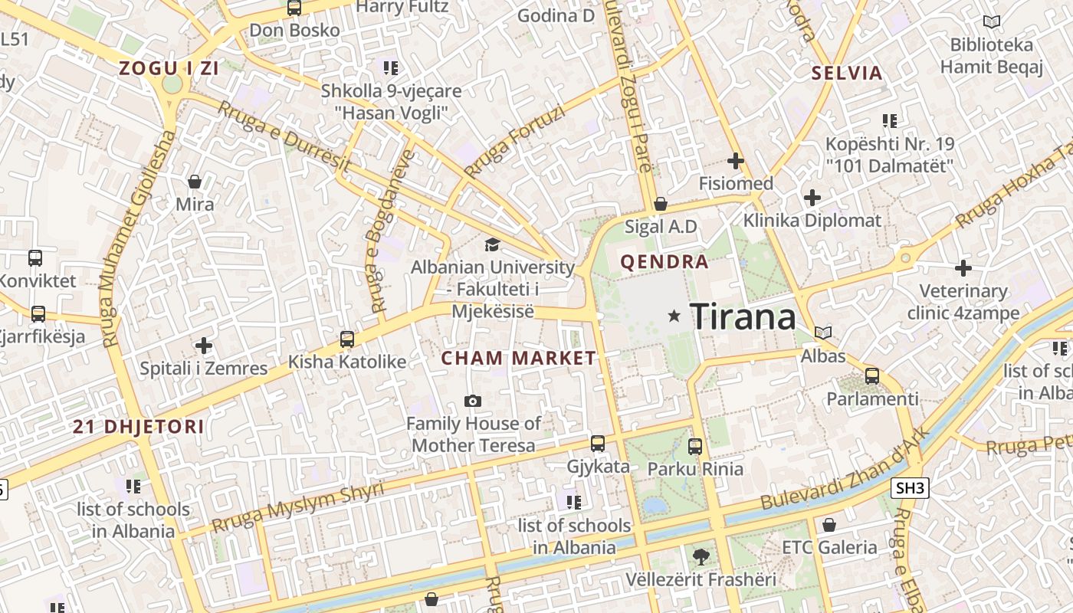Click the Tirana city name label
(x=743, y=316)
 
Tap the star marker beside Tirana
(x=674, y=316)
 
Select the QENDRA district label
(x=664, y=262)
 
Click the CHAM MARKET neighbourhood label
(x=518, y=358)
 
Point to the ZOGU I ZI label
(x=169, y=68)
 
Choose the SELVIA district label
(x=847, y=74)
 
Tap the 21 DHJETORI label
(x=139, y=427)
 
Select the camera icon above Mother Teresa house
(x=473, y=401)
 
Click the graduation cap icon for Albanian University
(x=491, y=244)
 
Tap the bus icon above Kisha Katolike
(x=347, y=339)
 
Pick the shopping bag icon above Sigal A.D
(x=660, y=205)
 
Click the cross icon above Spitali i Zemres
(x=203, y=346)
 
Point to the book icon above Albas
(x=823, y=333)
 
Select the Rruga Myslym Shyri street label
(x=297, y=508)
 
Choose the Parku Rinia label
(x=695, y=468)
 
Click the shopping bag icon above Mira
(x=195, y=182)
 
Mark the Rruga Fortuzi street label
(x=514, y=142)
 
